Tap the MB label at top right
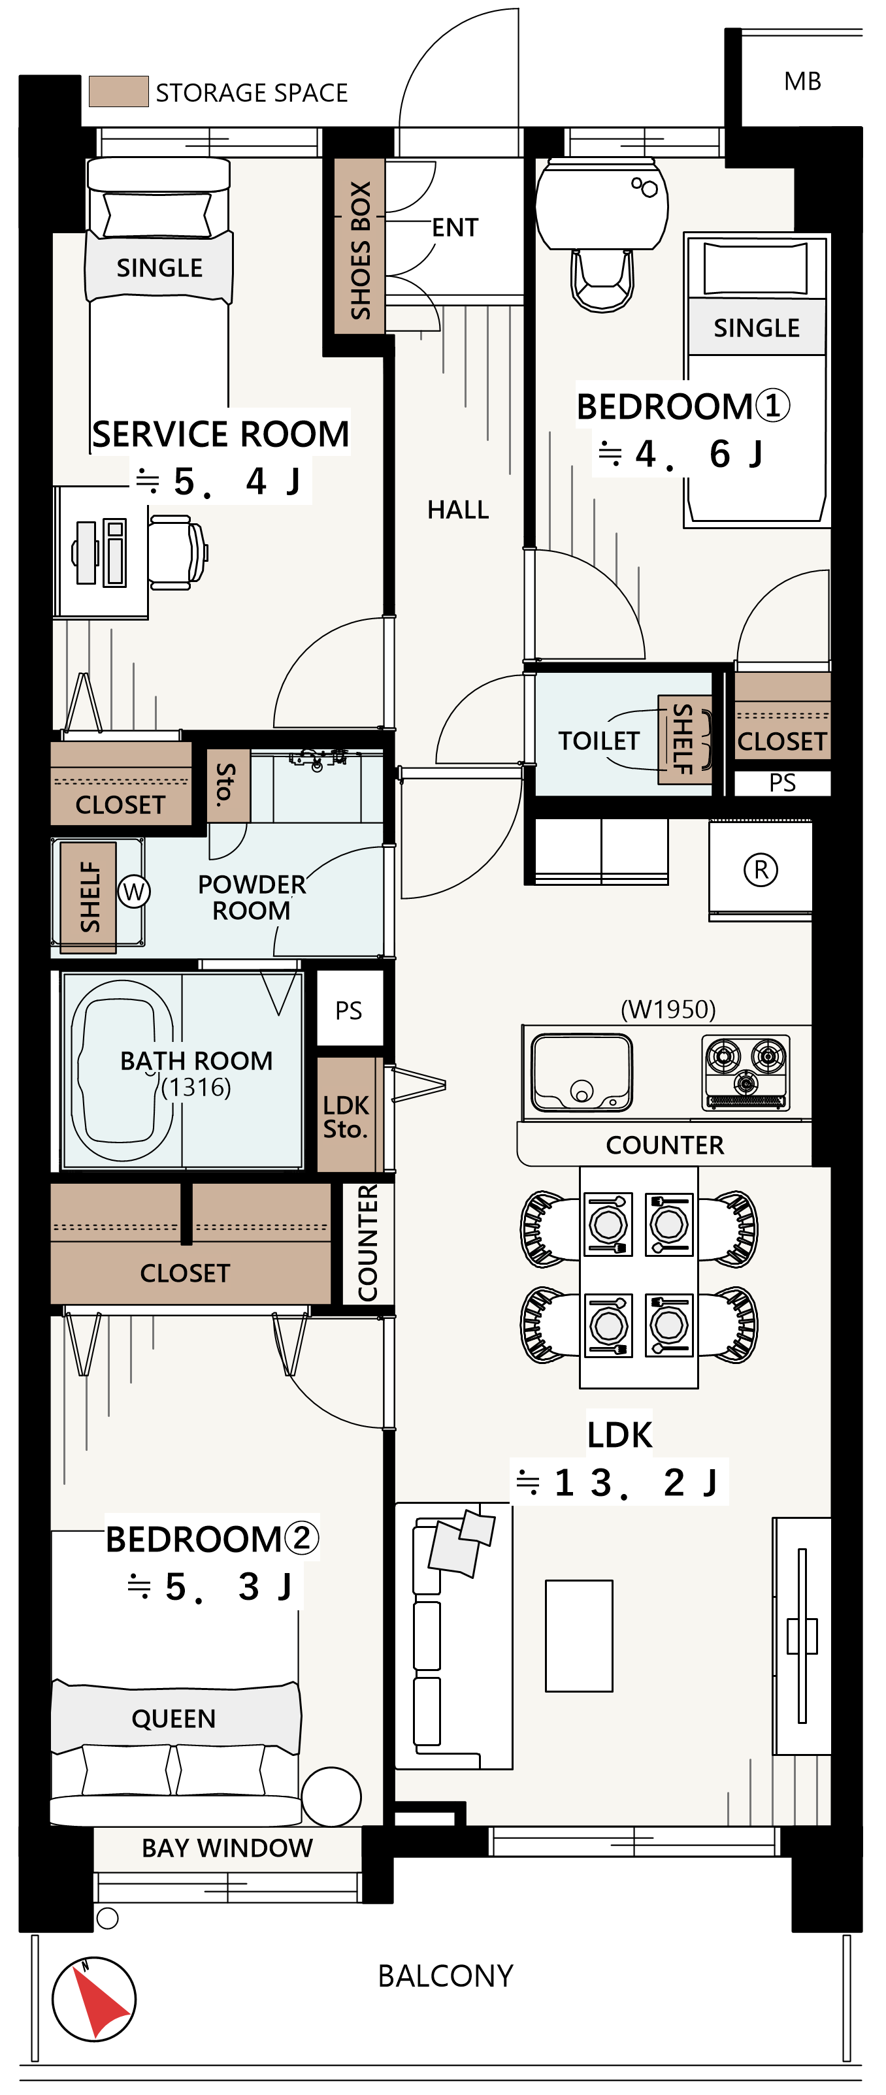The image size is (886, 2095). point(802,81)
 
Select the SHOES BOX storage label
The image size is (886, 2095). point(359,250)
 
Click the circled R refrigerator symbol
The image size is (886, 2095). point(761,869)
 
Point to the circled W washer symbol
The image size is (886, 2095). point(134,892)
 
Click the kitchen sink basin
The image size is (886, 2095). point(581,1073)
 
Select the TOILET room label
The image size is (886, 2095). point(599,741)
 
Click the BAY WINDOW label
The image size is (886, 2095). point(227,1848)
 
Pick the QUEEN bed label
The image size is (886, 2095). point(174,1719)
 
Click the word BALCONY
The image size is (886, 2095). point(445,1976)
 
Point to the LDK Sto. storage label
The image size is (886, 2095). point(346,1116)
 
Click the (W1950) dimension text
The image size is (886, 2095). point(668,1009)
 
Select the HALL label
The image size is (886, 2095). point(458,510)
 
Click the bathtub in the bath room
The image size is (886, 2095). point(123,1069)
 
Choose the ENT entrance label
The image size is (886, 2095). point(455,228)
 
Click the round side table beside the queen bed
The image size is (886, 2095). point(331,1797)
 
